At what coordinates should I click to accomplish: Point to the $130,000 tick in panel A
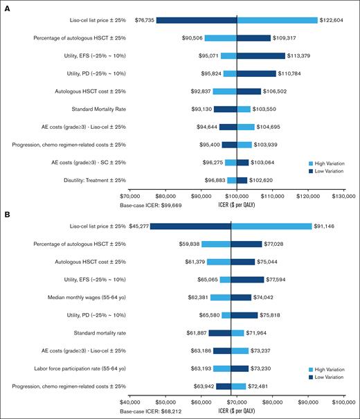pyautogui.click(x=344, y=196)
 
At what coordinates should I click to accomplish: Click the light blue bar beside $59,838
pyautogui.click(x=216, y=243)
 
